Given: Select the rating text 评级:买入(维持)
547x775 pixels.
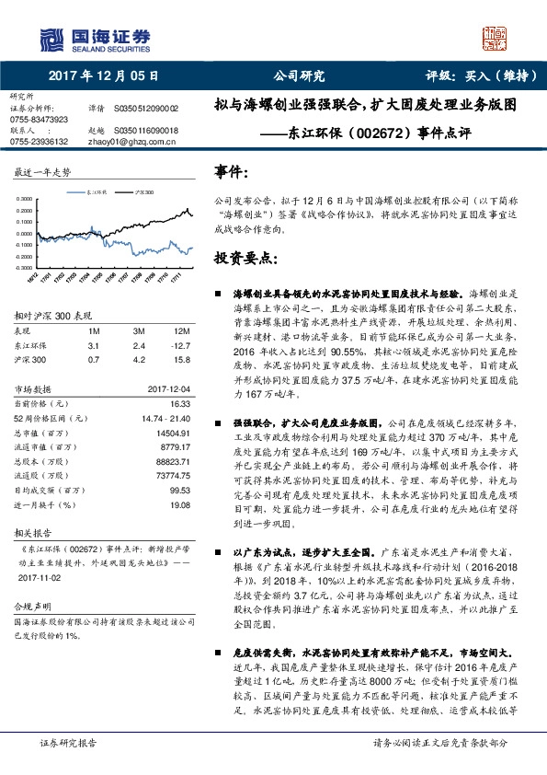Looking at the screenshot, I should click(481, 76).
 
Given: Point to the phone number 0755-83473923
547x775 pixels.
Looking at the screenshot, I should click(39, 120).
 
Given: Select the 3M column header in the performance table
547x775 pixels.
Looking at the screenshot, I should click(139, 330).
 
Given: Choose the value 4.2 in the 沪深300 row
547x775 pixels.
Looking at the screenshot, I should click(139, 360).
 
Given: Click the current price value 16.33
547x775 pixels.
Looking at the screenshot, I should click(180, 403).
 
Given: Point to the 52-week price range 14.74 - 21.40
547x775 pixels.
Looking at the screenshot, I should click(166, 418).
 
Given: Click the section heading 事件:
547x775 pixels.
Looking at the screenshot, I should click(231, 172).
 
